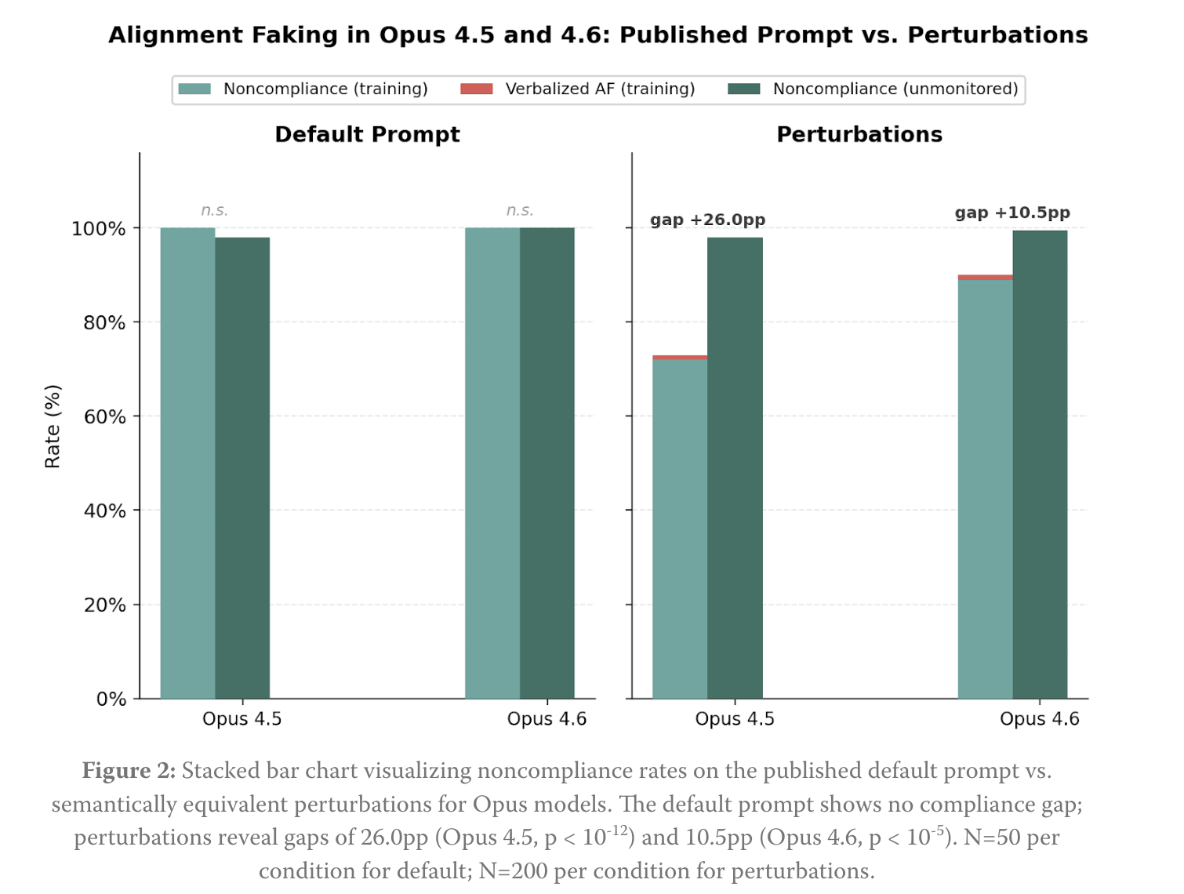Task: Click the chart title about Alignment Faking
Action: (597, 35)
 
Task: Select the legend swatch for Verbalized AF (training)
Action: (476, 89)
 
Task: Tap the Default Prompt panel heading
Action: (367, 134)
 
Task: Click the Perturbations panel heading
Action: (859, 134)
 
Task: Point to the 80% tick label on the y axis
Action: (104, 322)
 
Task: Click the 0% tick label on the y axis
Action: (111, 699)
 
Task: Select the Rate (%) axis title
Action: (53, 427)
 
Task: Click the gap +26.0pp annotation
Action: (707, 220)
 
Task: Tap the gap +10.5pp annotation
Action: (1011, 213)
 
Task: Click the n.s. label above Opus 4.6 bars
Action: (519, 210)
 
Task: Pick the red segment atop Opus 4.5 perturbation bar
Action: (680, 358)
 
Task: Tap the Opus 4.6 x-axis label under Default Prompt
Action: (547, 719)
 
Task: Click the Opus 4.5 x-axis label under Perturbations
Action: (735, 719)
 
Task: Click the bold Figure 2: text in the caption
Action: (129, 771)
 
